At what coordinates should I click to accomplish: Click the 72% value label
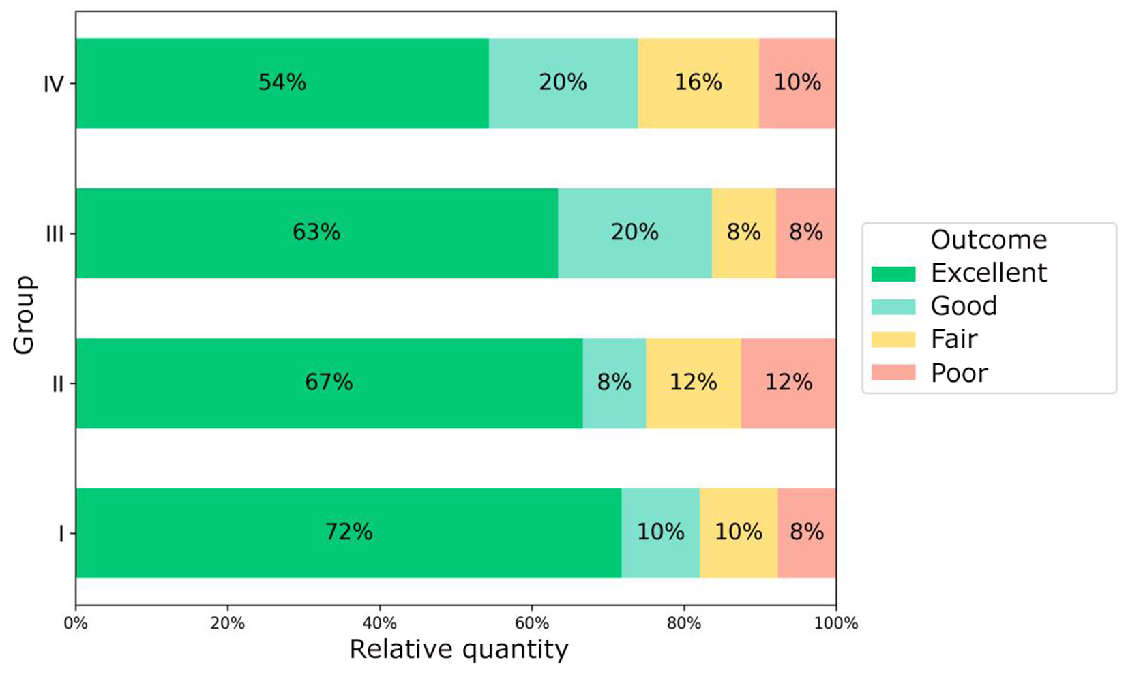(348, 532)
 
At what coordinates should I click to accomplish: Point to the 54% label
(282, 83)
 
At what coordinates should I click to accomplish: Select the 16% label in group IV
(698, 83)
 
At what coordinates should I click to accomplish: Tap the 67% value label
(329, 382)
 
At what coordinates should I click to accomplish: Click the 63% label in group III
(316, 232)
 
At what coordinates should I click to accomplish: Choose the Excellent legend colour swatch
(893, 273)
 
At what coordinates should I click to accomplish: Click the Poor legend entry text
(959, 373)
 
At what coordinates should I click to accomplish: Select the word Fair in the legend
(954, 340)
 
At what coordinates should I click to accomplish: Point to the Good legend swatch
(893, 307)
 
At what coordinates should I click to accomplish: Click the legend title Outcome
(988, 240)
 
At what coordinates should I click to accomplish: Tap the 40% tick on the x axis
(379, 624)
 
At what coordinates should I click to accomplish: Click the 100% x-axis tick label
(835, 624)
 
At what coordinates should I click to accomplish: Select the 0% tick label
(76, 624)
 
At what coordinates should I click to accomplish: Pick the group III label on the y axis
(54, 234)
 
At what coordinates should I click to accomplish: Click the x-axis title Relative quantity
(458, 650)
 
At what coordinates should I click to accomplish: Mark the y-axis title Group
(24, 315)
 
